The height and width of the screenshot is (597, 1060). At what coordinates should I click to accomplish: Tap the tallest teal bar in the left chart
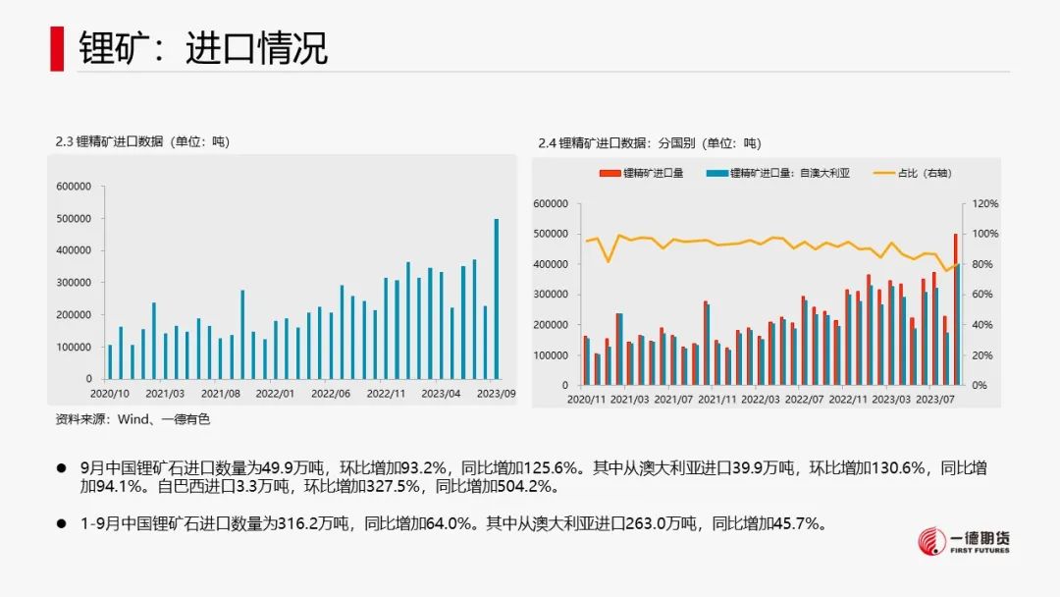click(496, 298)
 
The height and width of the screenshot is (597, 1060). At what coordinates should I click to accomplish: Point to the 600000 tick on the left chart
click(75, 187)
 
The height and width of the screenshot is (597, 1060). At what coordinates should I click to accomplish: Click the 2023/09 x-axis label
click(495, 395)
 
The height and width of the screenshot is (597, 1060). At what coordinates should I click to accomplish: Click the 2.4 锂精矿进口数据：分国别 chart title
click(649, 143)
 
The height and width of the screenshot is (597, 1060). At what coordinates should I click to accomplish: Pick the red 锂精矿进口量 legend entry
click(642, 173)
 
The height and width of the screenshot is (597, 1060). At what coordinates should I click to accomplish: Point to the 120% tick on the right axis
click(984, 204)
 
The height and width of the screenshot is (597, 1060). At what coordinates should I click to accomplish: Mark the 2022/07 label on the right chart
click(805, 400)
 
